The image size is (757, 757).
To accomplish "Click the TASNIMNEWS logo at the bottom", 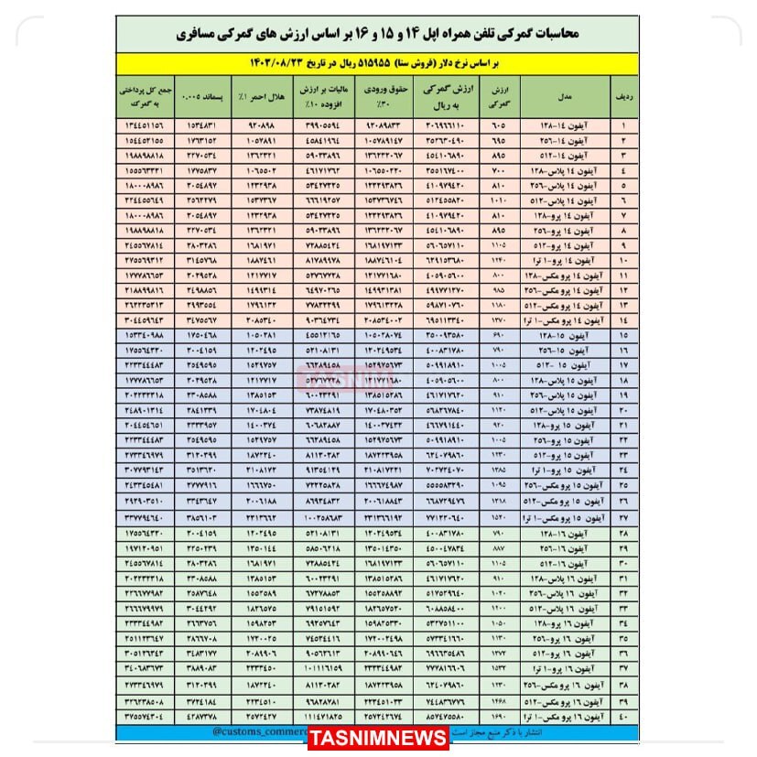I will [378, 738].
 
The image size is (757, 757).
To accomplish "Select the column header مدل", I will [565, 96].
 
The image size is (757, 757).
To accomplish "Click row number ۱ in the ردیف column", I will [623, 124].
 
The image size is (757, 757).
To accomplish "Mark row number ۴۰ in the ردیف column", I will [623, 717].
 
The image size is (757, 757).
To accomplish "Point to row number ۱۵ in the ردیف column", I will [623, 337].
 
